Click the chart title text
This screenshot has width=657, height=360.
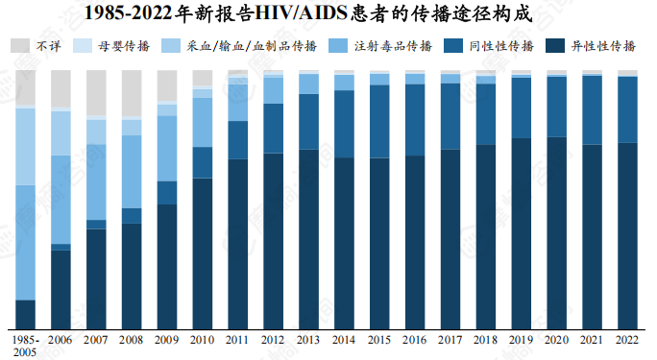point(328,13)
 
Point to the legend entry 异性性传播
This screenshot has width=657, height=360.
point(603,45)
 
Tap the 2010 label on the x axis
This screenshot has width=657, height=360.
point(202,340)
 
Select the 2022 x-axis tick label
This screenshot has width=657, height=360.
point(627,340)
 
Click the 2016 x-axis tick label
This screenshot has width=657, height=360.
point(415,340)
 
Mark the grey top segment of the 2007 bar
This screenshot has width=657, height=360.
point(96,93)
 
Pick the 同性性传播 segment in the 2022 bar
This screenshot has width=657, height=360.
point(627,109)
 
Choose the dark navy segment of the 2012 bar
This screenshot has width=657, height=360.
point(273,241)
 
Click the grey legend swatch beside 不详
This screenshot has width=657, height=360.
point(19,45)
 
